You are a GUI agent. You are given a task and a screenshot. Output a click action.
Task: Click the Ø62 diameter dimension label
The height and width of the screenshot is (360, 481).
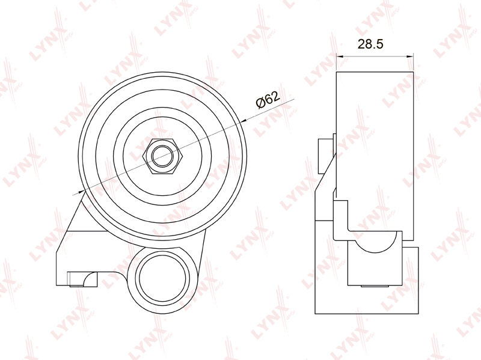268,99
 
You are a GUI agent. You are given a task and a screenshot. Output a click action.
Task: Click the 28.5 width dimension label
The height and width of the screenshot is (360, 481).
370,44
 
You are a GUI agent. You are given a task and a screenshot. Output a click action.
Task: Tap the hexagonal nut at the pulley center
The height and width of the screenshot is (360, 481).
163,156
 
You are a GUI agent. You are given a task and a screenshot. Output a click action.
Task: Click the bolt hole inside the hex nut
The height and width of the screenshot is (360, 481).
163,156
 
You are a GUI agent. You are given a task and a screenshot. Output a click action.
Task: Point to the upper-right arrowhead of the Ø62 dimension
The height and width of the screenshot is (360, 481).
244,121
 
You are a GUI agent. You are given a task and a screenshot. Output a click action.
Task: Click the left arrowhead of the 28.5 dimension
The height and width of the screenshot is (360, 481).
340,56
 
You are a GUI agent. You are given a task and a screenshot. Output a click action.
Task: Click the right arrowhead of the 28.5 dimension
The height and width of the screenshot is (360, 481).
410,56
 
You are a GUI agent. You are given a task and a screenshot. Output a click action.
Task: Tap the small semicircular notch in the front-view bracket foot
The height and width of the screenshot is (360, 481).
91,279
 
